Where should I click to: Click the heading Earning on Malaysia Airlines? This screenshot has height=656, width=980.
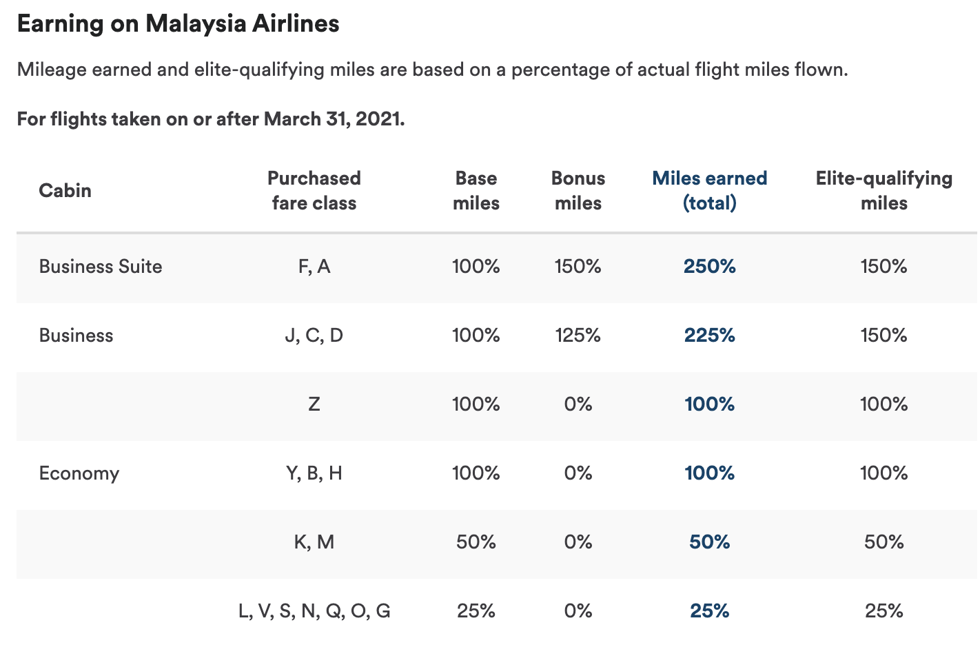click(178, 24)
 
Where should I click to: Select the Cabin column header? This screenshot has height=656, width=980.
click(65, 190)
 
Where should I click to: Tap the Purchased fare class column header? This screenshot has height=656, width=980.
click(314, 190)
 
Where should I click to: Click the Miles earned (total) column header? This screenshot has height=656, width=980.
click(709, 190)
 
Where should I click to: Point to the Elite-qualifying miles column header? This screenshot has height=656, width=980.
click(884, 190)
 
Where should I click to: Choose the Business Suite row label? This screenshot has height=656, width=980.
click(101, 267)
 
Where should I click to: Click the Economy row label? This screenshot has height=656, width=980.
click(79, 473)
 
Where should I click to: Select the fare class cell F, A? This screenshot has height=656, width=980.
click(314, 267)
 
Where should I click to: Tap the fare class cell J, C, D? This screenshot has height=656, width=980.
click(314, 336)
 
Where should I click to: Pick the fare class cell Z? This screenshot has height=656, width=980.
click(314, 404)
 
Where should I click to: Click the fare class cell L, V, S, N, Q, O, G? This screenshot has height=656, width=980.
click(314, 611)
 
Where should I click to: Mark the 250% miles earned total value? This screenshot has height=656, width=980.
click(709, 267)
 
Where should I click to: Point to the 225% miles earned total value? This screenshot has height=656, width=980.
click(709, 336)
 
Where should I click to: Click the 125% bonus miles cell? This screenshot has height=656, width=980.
click(578, 336)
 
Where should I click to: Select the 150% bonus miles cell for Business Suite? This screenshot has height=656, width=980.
click(578, 267)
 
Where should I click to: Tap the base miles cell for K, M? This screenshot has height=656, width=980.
click(476, 542)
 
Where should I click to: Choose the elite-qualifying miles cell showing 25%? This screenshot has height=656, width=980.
click(884, 611)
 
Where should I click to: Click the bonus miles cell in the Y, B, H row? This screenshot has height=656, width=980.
click(578, 473)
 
